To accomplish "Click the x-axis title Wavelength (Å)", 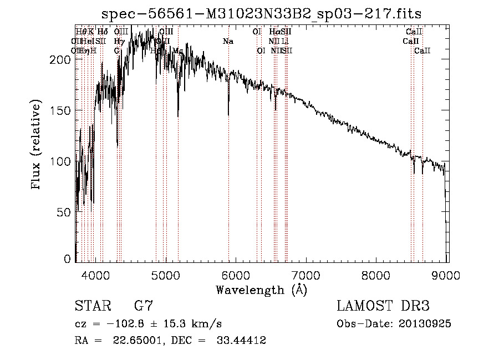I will click(x=261, y=290).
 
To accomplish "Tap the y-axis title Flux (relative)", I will click(x=37, y=146).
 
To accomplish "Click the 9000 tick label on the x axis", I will click(x=447, y=274).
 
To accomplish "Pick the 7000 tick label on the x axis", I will click(x=307, y=274).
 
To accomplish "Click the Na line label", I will click(x=228, y=41).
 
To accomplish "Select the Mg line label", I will click(x=178, y=51).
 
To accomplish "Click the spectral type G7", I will click(x=143, y=306).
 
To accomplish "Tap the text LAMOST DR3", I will click(x=383, y=306).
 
